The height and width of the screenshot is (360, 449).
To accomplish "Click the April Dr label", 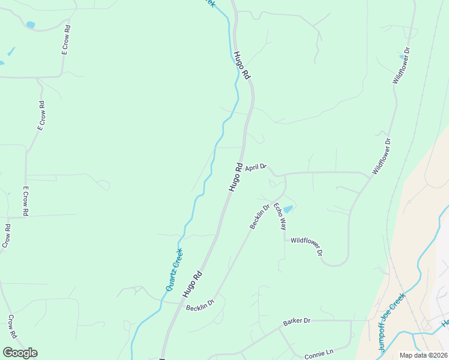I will [x=255, y=167].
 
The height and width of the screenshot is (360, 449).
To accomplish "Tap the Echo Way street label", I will [x=280, y=217].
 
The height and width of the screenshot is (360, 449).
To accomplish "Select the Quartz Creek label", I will [x=173, y=269].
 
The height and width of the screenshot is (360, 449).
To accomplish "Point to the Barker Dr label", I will [x=297, y=322].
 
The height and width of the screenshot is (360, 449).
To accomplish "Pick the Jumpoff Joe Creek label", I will [x=391, y=322].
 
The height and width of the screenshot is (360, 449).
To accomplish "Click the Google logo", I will [x=20, y=353].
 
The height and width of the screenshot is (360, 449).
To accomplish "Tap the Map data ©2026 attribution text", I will [x=423, y=355].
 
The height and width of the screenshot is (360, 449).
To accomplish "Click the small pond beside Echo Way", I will [x=288, y=209].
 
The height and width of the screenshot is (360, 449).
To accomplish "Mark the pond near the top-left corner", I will [x=30, y=25].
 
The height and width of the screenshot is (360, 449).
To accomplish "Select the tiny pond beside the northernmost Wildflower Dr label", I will [x=402, y=57].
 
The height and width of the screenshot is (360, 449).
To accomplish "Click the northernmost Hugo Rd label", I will [x=242, y=65].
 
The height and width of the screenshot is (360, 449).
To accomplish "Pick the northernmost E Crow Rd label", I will [x=66, y=40].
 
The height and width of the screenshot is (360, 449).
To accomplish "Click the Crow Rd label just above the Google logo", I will [x=13, y=326].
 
